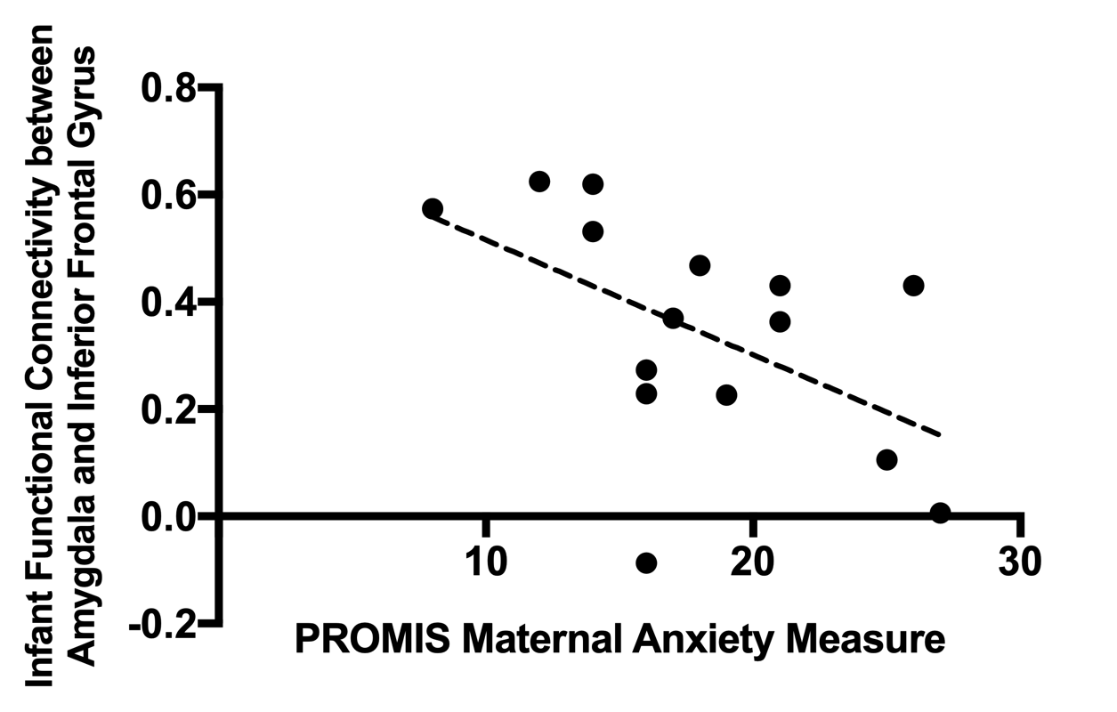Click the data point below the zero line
tap(646, 562)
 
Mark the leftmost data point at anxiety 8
tap(433, 209)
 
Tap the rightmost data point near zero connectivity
tap(940, 513)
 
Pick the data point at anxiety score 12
tap(539, 182)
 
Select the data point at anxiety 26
tap(913, 286)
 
